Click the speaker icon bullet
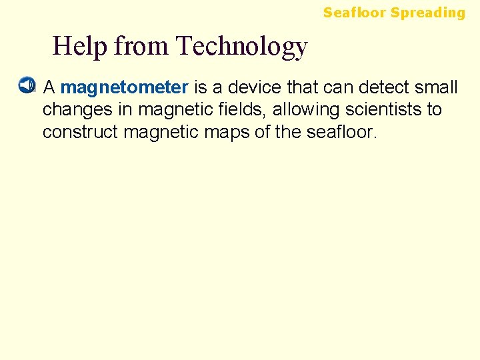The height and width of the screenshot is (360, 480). point(25,86)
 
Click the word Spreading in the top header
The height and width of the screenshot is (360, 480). point(428,13)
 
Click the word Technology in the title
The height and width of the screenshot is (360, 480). point(241,46)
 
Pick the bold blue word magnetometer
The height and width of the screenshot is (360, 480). point(125,87)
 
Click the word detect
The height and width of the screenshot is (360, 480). point(383,87)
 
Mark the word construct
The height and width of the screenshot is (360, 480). point(80,131)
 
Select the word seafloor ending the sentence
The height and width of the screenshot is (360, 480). point(341,131)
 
